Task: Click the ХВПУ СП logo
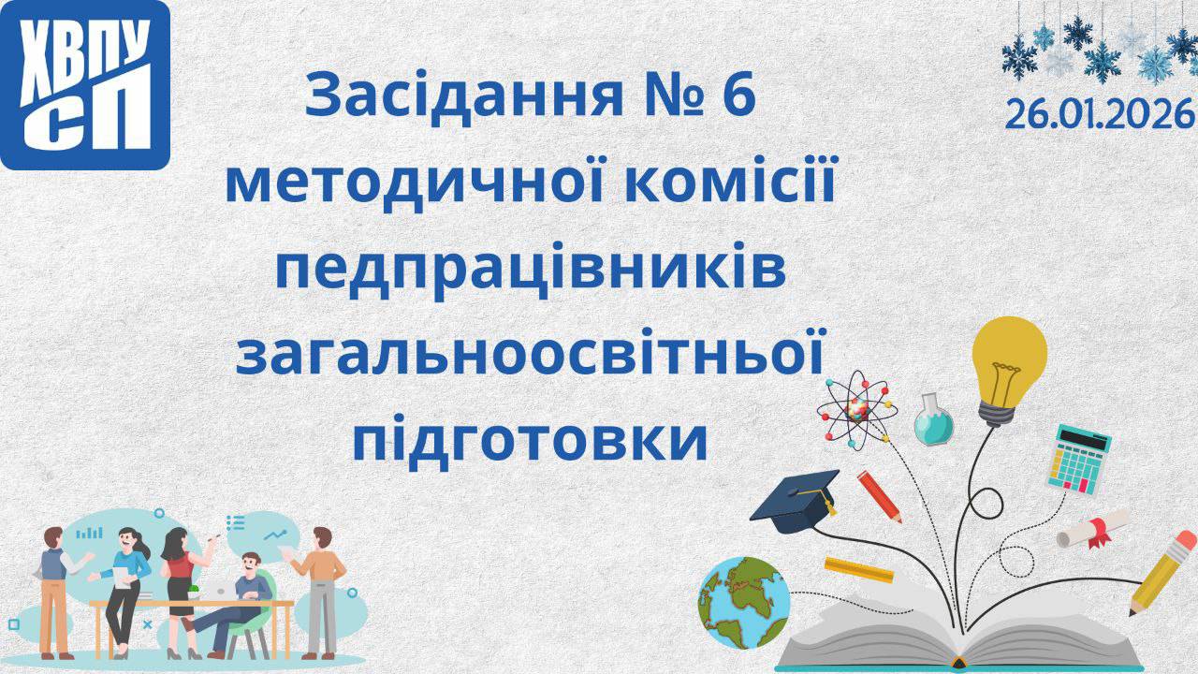pos(85,85)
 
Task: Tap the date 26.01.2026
pos(1101,114)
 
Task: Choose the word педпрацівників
pos(531,271)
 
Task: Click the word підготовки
pos(531,442)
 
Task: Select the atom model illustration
pos(857,410)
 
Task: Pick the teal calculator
pos(1079,460)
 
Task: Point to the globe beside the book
pos(744,603)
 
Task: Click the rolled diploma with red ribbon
pos(1092,529)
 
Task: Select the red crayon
pos(879,496)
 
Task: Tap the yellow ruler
pos(859,570)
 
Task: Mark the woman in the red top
pos(182,591)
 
